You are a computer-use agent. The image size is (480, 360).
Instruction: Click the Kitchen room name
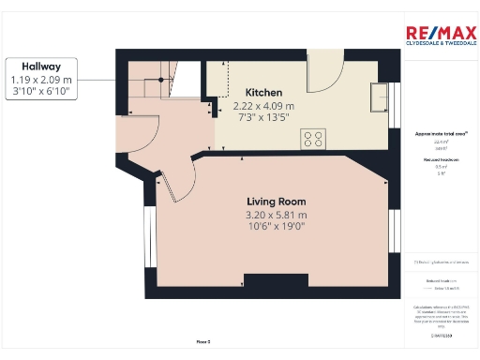pyautogui.click(x=264, y=92)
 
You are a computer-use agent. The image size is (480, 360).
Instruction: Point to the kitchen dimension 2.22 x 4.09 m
pyautogui.click(x=264, y=106)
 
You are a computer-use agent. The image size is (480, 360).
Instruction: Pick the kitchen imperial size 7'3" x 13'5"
pyautogui.click(x=264, y=119)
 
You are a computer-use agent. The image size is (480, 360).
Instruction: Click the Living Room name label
pyautogui.click(x=277, y=202)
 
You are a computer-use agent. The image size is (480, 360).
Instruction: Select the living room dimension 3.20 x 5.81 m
pyautogui.click(x=277, y=217)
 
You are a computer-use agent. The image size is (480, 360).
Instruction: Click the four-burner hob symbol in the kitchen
pyautogui.click(x=313, y=139)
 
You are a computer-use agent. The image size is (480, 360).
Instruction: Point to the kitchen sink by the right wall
pyautogui.click(x=382, y=97)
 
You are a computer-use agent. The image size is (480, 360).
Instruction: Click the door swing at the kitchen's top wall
pyautogui.click(x=323, y=71)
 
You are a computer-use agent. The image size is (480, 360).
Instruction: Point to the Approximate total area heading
pyautogui.click(x=438, y=134)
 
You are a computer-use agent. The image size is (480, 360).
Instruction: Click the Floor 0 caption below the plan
pyautogui.click(x=203, y=341)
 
